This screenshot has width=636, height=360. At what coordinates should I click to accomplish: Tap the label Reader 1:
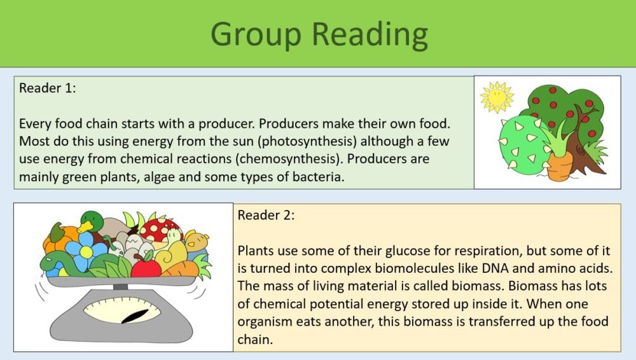click(48, 88)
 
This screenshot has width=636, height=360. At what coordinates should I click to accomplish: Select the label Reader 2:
click(266, 215)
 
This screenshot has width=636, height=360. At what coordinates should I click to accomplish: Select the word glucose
click(358, 249)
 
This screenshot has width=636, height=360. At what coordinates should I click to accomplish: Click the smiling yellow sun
click(497, 97)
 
